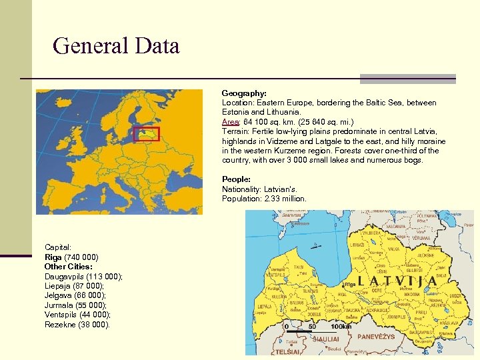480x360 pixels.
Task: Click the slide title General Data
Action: point(116,47)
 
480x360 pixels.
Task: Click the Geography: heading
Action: point(244,94)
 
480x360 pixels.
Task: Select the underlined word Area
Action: point(230,122)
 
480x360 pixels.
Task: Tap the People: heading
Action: point(236,179)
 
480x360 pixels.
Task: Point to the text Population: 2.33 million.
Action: point(264,199)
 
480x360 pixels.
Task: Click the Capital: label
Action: point(58,247)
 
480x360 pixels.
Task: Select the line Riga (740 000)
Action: point(71,257)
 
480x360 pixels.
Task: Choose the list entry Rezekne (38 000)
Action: point(77,325)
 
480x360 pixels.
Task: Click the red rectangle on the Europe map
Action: point(146,133)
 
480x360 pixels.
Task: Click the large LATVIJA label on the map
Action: point(397,281)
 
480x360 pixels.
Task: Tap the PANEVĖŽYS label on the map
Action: point(376,337)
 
